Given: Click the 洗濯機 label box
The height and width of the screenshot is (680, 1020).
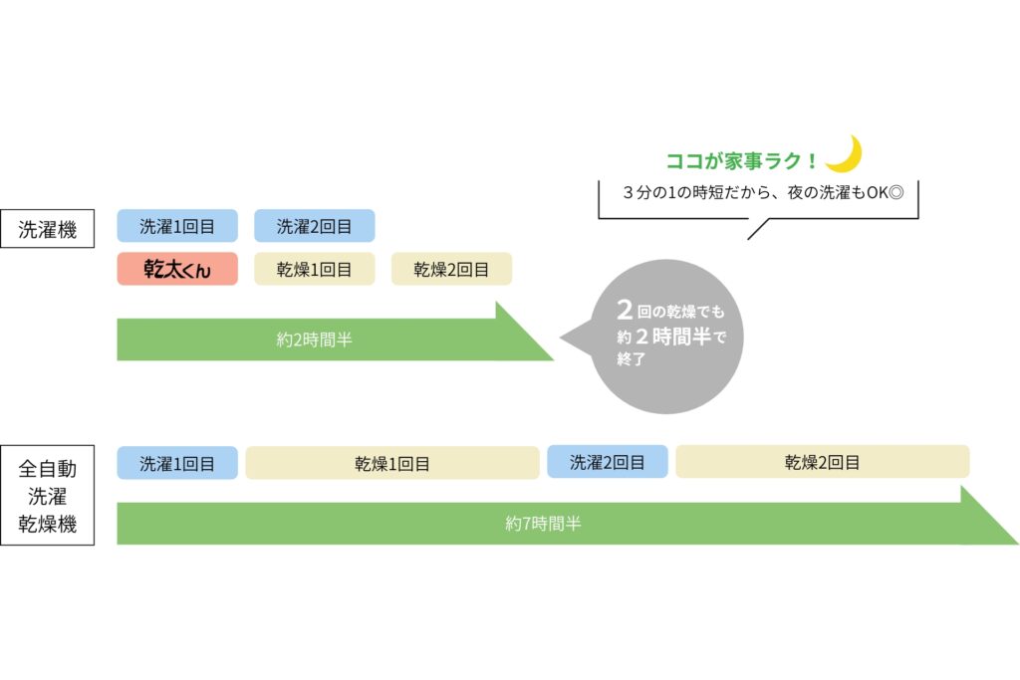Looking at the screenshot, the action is click(x=48, y=229).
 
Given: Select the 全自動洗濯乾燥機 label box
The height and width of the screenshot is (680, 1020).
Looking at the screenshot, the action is click(x=48, y=495).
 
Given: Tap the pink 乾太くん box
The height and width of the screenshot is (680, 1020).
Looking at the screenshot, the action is click(x=177, y=269).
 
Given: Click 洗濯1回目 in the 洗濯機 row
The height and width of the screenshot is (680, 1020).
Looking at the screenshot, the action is click(x=177, y=226).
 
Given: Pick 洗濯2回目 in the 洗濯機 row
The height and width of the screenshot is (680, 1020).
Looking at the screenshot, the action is click(x=314, y=226).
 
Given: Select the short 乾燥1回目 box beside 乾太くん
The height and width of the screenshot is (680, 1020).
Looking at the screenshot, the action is click(x=314, y=269).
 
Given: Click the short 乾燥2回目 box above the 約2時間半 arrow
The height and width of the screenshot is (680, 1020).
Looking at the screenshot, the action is click(x=451, y=269).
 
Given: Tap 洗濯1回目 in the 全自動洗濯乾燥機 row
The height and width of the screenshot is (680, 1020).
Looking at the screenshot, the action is click(x=177, y=463).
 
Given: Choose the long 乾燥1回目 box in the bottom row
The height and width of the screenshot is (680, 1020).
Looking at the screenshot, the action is click(x=392, y=463).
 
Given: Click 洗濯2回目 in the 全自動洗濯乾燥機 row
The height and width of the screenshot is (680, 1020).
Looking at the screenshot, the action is click(x=608, y=462).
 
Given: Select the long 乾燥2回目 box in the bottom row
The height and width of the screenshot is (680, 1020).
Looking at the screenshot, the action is click(x=822, y=462).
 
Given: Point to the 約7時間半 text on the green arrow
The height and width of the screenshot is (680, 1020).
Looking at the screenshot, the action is click(x=543, y=524).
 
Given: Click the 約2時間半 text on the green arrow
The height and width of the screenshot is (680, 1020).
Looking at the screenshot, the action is click(x=314, y=340).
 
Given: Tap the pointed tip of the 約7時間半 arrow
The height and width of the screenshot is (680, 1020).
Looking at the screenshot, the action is click(x=1017, y=544).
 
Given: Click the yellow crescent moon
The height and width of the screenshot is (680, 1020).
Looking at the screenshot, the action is click(x=846, y=154).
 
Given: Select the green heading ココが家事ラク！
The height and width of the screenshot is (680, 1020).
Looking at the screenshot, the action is click(x=741, y=160).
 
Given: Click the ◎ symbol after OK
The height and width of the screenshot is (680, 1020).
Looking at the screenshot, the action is click(x=895, y=192).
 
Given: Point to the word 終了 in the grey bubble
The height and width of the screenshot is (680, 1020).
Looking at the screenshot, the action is click(x=631, y=358).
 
